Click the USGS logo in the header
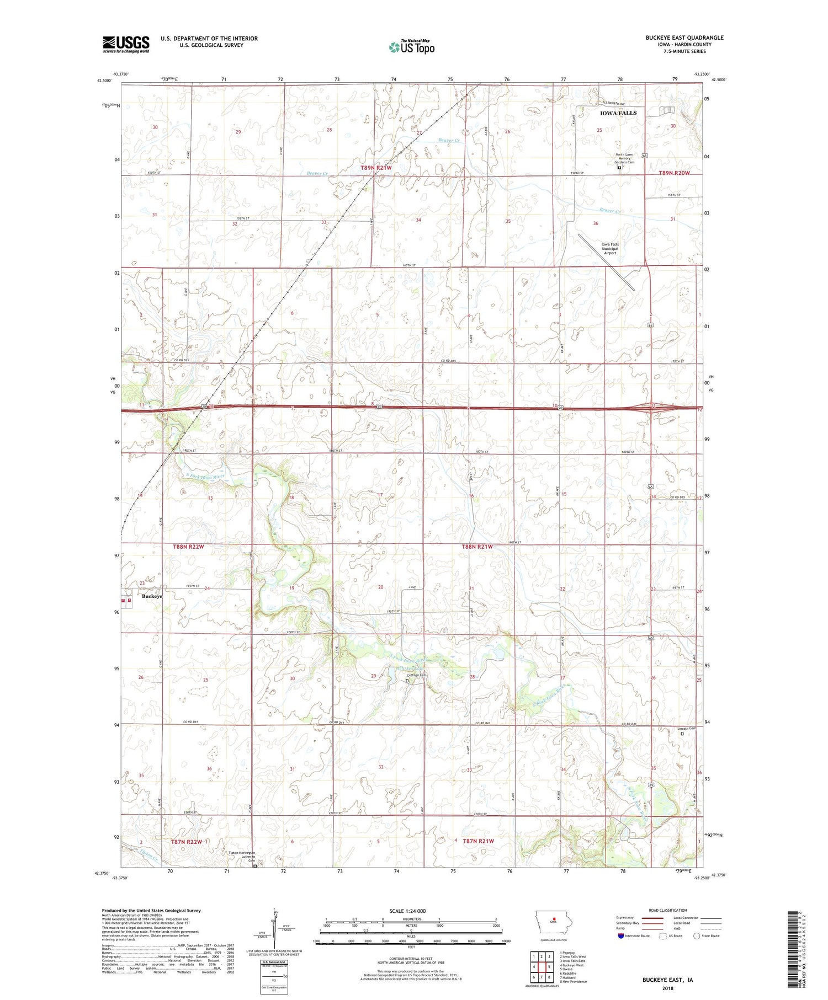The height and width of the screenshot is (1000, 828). pyautogui.click(x=126, y=44)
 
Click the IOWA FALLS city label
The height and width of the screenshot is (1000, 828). pyautogui.click(x=618, y=113)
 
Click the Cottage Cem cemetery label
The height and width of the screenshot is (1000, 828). pyautogui.click(x=417, y=675)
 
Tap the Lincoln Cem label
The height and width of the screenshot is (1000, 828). pyautogui.click(x=686, y=729)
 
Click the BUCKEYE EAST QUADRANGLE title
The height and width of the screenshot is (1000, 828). pyautogui.click(x=677, y=38)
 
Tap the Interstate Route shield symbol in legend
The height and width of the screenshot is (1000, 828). pyautogui.click(x=623, y=935)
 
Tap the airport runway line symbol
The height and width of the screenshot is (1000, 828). pyautogui.click(x=606, y=263)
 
